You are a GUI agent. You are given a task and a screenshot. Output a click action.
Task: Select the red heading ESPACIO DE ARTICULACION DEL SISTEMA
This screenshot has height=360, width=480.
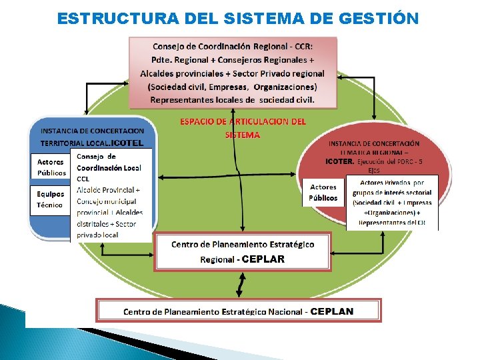(x=243, y=127)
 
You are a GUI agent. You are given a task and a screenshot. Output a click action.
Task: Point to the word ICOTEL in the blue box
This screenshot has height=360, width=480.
(x=127, y=143)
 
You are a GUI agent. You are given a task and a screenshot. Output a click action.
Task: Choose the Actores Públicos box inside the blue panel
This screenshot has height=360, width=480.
(x=51, y=167)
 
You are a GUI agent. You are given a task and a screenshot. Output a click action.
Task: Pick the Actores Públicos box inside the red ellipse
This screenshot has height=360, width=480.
(x=323, y=192)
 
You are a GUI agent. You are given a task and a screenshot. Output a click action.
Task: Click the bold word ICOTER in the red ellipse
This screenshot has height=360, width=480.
(x=340, y=161)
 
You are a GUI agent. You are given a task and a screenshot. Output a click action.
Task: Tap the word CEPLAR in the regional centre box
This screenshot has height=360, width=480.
(x=263, y=259)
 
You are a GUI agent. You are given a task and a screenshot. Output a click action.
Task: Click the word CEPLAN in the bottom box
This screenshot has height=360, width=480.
(x=332, y=311)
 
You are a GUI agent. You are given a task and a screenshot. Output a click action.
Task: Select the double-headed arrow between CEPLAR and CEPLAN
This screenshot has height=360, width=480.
(x=239, y=285)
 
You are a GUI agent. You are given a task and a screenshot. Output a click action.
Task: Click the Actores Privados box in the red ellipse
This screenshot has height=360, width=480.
(x=392, y=202)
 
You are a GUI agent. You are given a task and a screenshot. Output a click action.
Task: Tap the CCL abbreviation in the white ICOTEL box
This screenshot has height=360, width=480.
(x=83, y=179)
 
